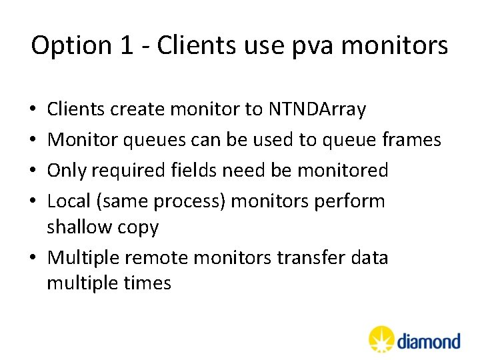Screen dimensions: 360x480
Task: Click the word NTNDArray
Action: (x=317, y=109)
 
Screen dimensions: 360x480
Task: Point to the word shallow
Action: (x=80, y=227)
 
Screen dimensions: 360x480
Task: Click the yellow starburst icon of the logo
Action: (x=382, y=339)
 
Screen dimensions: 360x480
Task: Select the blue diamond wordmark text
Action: (x=429, y=341)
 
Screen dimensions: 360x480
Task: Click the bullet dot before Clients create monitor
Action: (x=33, y=110)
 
